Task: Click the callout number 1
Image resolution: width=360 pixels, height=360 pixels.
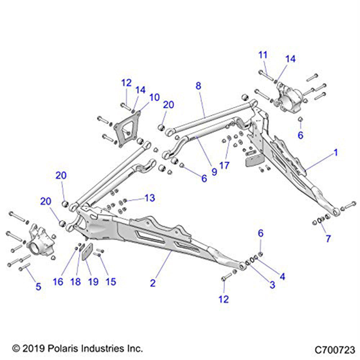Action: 336,153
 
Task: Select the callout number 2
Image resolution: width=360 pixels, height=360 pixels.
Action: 153,283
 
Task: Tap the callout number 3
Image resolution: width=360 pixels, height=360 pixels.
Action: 272,284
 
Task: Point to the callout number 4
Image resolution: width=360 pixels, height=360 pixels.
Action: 282,276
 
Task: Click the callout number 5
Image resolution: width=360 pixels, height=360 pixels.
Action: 38,287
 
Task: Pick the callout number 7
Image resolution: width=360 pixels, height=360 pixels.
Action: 328,238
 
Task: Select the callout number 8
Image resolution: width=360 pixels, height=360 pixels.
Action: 198,86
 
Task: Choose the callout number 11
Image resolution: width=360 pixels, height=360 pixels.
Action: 263,55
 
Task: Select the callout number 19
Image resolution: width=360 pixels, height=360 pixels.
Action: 93,282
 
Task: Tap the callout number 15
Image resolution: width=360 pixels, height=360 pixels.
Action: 111,282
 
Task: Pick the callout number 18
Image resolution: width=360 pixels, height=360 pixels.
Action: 76,282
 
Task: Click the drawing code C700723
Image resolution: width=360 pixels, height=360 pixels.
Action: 335,349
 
